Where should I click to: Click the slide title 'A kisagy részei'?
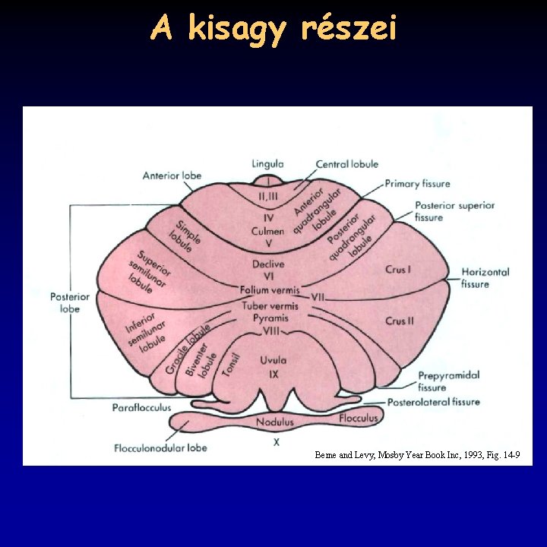273,29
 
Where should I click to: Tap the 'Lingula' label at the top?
267,163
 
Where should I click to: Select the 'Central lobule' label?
347,164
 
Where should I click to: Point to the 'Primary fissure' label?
417,184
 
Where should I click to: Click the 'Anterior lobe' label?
172,175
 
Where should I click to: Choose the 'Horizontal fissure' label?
485,278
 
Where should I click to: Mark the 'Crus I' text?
397,270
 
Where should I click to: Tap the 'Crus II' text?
399,321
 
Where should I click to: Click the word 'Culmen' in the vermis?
268,231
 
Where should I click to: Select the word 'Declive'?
268,264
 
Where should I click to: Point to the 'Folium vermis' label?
270,290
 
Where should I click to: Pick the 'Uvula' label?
273,361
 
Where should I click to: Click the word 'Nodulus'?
274,422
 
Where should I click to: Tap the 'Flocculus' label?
359,418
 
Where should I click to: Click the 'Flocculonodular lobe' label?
160,448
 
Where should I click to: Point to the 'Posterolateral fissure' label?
434,402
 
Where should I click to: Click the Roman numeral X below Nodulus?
277,441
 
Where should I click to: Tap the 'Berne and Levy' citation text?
417,455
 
